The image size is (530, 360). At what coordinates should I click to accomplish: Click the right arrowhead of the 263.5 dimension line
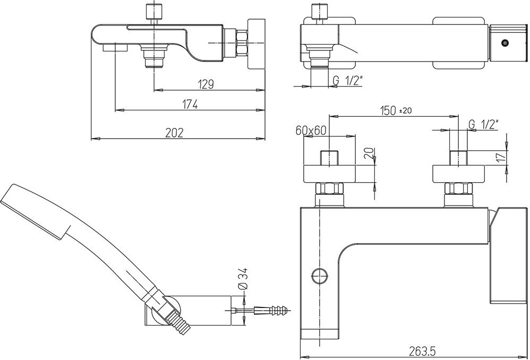523,357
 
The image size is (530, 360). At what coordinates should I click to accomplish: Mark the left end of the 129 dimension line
154,90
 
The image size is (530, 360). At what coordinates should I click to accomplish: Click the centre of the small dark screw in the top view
505,43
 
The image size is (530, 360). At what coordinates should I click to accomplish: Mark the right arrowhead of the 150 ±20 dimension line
454,116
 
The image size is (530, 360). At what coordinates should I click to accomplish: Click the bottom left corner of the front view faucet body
301,339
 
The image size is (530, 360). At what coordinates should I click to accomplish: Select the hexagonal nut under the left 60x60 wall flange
329,188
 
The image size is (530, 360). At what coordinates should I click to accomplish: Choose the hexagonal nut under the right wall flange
458,188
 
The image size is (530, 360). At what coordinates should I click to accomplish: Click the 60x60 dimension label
311,130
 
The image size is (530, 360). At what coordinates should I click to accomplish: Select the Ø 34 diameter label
243,279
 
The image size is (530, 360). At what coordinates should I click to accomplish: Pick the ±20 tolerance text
406,110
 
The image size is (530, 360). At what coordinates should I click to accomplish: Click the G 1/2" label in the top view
347,81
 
